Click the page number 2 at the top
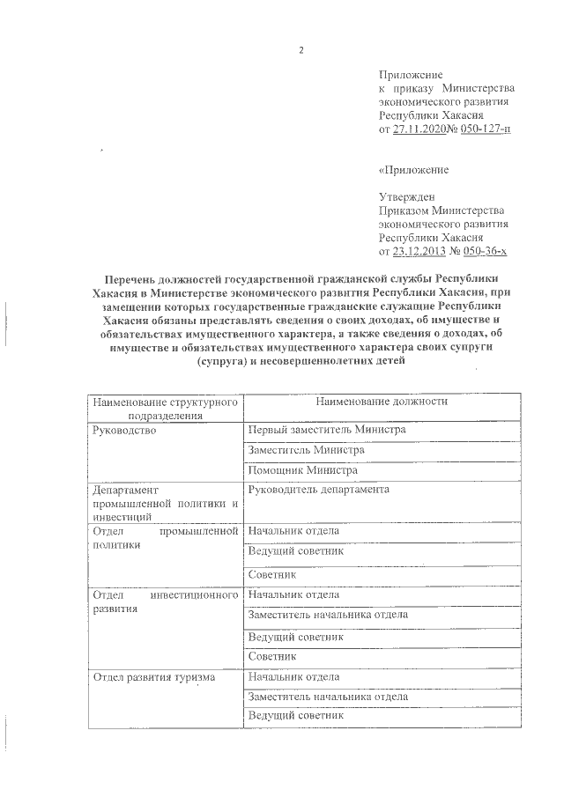click(301, 48)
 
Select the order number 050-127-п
click(481, 129)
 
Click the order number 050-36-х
click(486, 251)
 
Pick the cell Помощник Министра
click(302, 471)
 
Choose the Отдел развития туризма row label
click(151, 676)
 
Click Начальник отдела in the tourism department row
click(293, 676)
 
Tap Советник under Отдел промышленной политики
click(272, 574)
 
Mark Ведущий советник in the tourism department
click(295, 716)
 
